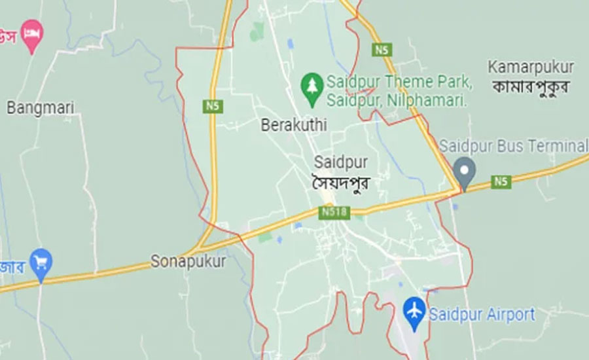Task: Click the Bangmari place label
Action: tap(41, 108)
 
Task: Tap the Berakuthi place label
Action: tap(293, 124)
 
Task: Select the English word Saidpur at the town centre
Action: tap(340, 162)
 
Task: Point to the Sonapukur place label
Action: tap(188, 261)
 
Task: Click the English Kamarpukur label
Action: tap(531, 67)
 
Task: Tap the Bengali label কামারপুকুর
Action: tap(531, 86)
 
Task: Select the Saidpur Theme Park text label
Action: tap(399, 82)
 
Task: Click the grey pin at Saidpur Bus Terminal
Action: tap(465, 171)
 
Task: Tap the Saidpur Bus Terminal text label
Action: tap(513, 145)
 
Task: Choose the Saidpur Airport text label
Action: tap(482, 314)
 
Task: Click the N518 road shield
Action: tap(334, 212)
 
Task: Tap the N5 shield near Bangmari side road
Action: tap(211, 105)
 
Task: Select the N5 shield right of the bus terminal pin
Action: tap(501, 182)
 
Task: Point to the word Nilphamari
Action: tap(434, 101)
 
